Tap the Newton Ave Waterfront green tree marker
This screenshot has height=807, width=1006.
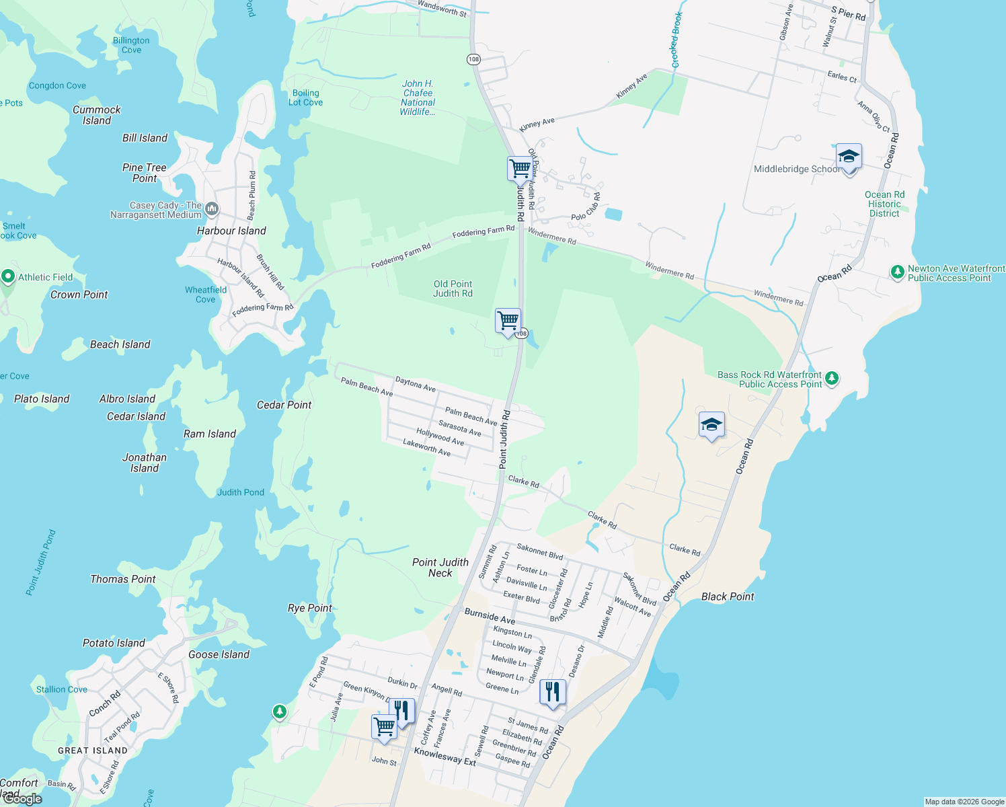[897, 272]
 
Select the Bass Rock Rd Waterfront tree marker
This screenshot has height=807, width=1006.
[832, 379]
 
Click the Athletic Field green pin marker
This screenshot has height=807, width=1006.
[8, 276]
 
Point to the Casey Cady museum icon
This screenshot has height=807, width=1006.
[212, 209]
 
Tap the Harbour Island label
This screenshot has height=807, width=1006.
[231, 231]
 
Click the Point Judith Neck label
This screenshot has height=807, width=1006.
[440, 568]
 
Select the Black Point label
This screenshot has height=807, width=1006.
[728, 597]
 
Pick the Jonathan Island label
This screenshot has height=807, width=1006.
[145, 463]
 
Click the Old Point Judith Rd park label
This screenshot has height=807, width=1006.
[453, 289]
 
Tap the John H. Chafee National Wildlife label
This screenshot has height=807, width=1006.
[418, 98]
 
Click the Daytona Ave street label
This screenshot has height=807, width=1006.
[416, 384]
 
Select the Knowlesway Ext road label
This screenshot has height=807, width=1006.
[444, 757]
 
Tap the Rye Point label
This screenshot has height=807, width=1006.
[310, 608]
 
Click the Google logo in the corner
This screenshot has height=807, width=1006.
[22, 799]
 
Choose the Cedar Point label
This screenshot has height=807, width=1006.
[284, 405]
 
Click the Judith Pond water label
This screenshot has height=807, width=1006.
[241, 492]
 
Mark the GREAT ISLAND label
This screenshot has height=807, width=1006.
[93, 751]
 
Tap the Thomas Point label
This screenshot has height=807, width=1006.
[123, 579]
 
